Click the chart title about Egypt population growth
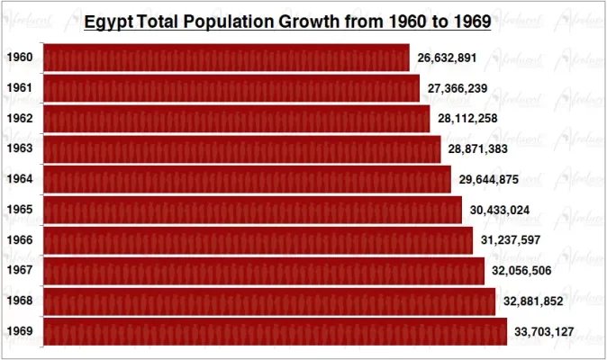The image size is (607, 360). click(287, 21)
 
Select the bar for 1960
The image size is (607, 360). click(226, 58)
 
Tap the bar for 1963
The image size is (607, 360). click(241, 148)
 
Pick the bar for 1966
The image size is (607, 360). click(258, 240)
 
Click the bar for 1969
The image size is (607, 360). click(275, 331)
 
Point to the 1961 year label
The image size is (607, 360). click(20, 88)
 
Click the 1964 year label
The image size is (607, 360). click(20, 179)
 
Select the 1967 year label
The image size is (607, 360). click(20, 271)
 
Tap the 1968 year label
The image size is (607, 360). click(20, 301)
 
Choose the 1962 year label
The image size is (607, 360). click(20, 119)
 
